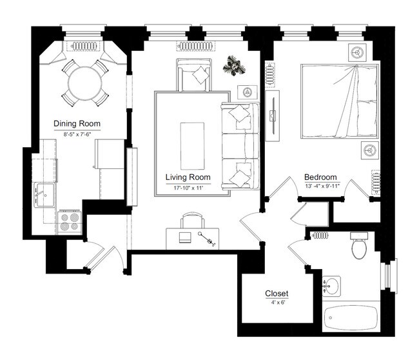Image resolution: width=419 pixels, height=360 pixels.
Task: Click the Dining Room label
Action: (77, 124)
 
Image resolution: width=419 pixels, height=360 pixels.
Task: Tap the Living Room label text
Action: (188, 177)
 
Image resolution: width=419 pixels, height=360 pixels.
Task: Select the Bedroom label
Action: (320, 177)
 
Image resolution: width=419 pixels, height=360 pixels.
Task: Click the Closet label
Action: (277, 294)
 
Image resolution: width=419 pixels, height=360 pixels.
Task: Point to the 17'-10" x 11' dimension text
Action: (188, 188)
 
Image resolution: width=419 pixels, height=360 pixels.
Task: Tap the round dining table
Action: (85, 83)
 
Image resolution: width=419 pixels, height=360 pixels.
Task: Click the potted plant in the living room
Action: (234, 66)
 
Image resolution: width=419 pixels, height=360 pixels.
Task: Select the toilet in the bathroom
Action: (359, 245)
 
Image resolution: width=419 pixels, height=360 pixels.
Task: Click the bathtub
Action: (351, 317)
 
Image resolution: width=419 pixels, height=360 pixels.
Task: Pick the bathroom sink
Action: (331, 286)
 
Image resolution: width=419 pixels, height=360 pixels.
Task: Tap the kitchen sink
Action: (44, 195)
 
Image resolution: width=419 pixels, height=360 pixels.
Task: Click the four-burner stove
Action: (70, 222)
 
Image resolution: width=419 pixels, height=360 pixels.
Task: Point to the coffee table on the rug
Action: (192, 146)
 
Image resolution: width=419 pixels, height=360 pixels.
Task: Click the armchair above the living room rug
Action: (194, 75)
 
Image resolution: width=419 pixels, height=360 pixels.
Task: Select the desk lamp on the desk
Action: (206, 239)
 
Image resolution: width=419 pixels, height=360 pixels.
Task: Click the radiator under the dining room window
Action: (83, 46)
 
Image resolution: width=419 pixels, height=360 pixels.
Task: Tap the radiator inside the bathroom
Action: (320, 235)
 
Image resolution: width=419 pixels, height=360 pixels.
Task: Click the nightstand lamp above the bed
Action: (357, 52)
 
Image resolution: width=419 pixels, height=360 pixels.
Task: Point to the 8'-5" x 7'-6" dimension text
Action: (77, 134)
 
